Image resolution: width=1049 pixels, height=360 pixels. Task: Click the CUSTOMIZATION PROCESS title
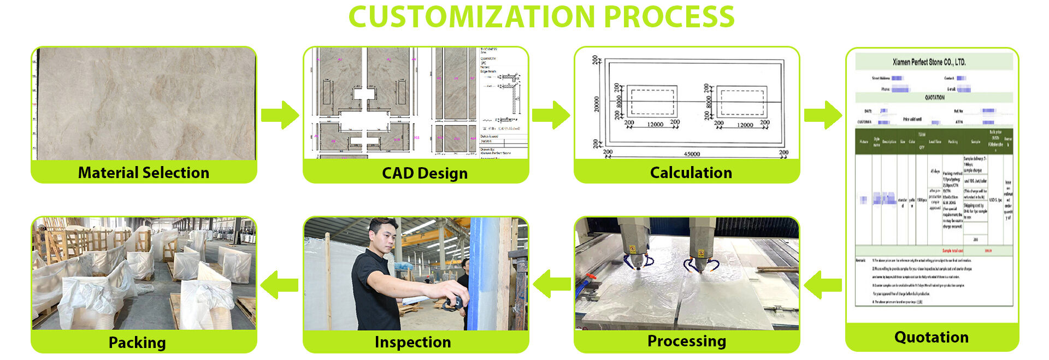[x=541, y=17]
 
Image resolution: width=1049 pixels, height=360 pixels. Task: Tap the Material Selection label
[x=143, y=173]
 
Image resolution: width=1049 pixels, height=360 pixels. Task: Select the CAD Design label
[x=425, y=173]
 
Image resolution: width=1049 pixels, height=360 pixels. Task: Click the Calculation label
[x=691, y=173]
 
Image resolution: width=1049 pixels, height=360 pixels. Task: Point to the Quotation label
[x=931, y=337]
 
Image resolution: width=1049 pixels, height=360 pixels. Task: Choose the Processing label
[x=686, y=341]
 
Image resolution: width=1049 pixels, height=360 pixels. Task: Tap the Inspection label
[x=412, y=342]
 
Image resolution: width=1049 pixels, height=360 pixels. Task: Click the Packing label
[x=137, y=343]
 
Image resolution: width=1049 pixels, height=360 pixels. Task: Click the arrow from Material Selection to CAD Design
[x=280, y=115]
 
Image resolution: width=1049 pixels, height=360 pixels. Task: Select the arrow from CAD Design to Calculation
[x=551, y=115]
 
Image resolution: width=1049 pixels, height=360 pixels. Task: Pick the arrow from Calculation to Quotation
[x=823, y=115]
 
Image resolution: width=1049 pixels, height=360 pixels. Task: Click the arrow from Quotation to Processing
[x=823, y=285]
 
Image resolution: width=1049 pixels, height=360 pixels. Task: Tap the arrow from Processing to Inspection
[x=552, y=285]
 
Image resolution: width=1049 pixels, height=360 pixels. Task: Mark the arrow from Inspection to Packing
[x=280, y=285]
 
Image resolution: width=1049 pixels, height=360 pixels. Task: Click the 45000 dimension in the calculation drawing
[x=692, y=154]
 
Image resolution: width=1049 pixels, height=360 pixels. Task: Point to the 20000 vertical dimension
[x=597, y=104]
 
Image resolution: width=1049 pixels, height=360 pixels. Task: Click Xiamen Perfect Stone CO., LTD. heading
[x=929, y=62]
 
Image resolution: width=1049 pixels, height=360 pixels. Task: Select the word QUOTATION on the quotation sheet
[x=934, y=97]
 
